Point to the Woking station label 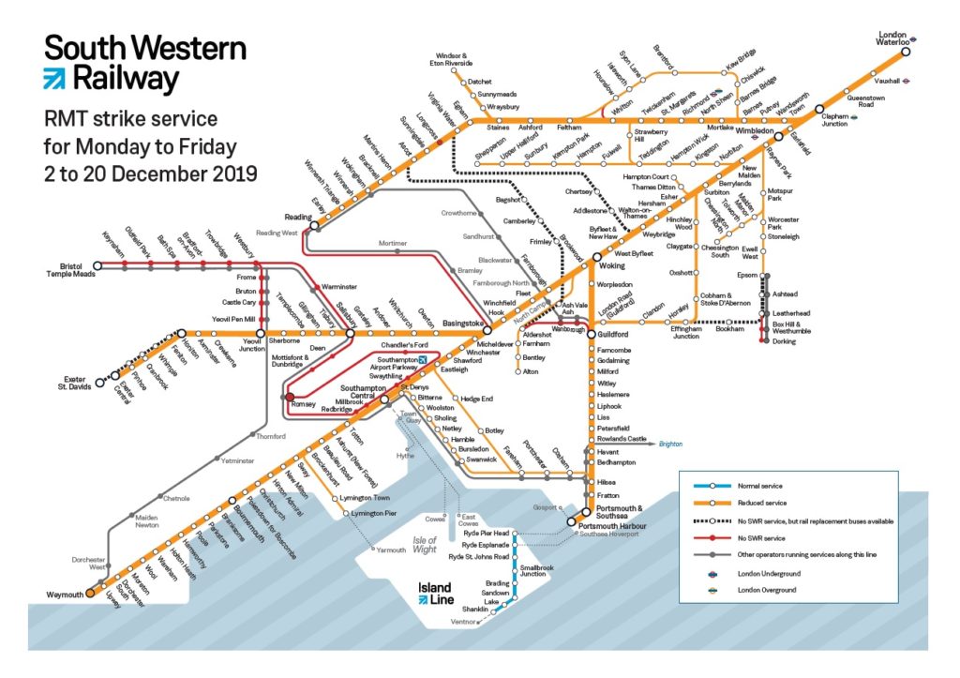(x=611, y=266)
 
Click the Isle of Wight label (x=426, y=545)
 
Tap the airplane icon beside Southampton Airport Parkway (x=423, y=360)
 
